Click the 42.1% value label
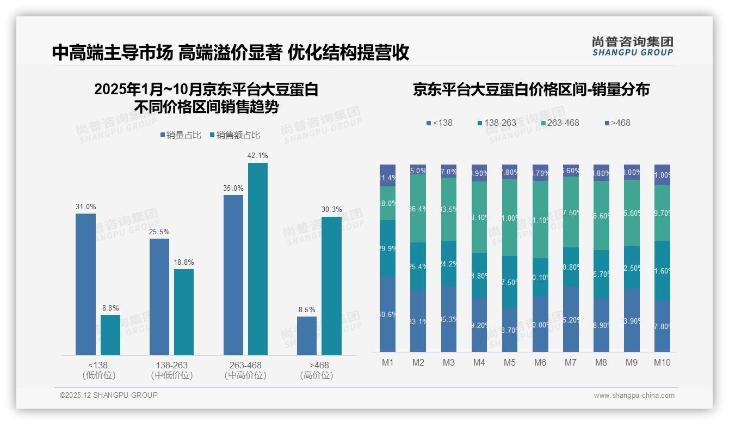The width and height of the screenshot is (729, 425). point(257,156)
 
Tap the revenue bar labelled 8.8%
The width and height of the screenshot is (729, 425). point(110,335)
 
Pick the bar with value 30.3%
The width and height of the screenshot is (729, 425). point(331,286)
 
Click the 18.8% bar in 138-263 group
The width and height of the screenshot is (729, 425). point(184,312)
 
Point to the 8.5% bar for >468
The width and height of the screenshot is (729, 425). point(307,336)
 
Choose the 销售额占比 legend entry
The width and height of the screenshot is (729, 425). point(234,135)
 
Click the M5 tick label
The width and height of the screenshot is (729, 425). point(510,363)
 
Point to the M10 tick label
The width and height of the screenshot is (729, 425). point(662,363)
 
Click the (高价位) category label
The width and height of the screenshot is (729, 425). point(317,375)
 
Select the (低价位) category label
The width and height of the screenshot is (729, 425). point(98,375)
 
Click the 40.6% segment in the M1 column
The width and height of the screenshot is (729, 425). point(388,314)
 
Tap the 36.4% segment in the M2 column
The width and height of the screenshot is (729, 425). point(418,209)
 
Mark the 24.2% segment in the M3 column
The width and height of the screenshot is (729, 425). point(449,264)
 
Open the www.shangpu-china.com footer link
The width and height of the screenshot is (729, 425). point(634,396)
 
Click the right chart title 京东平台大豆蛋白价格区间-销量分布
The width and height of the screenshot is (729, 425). point(531,90)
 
